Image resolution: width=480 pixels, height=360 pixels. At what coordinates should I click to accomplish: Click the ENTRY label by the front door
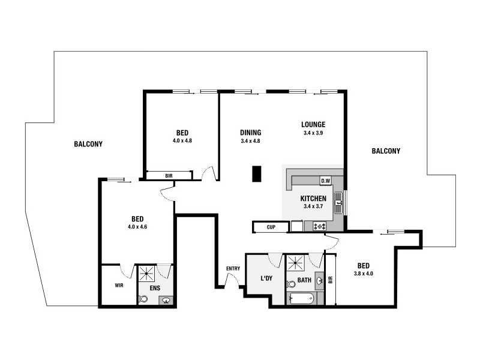(x=233, y=268)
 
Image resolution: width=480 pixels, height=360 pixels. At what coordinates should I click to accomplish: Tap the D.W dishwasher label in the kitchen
(x=326, y=181)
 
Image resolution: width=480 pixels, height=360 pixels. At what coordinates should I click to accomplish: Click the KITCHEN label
(x=313, y=199)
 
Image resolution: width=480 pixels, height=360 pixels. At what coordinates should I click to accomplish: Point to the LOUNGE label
(x=313, y=125)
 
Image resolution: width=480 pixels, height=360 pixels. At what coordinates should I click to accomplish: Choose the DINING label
(x=250, y=133)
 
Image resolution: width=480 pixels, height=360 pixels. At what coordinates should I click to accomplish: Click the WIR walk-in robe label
(x=119, y=285)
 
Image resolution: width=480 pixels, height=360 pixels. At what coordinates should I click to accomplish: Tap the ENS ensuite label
(x=155, y=288)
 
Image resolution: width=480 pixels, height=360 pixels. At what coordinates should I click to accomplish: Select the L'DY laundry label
(x=267, y=279)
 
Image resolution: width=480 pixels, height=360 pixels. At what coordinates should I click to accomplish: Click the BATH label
(x=304, y=280)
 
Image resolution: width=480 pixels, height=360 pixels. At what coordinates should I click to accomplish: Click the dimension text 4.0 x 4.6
(x=137, y=227)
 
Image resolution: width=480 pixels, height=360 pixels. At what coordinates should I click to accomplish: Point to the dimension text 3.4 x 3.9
(x=313, y=133)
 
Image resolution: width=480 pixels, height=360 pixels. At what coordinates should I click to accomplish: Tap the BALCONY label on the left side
(x=88, y=144)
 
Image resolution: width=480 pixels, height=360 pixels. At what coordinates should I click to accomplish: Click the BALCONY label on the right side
(x=386, y=151)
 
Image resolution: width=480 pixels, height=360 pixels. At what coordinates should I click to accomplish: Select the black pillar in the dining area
(x=257, y=173)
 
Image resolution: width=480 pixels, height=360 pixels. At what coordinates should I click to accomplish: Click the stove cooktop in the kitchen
(x=319, y=226)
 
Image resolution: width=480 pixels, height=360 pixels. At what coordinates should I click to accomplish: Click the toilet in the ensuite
(x=143, y=298)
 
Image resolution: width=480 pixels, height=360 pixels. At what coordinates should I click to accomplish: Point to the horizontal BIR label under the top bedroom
(x=169, y=176)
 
